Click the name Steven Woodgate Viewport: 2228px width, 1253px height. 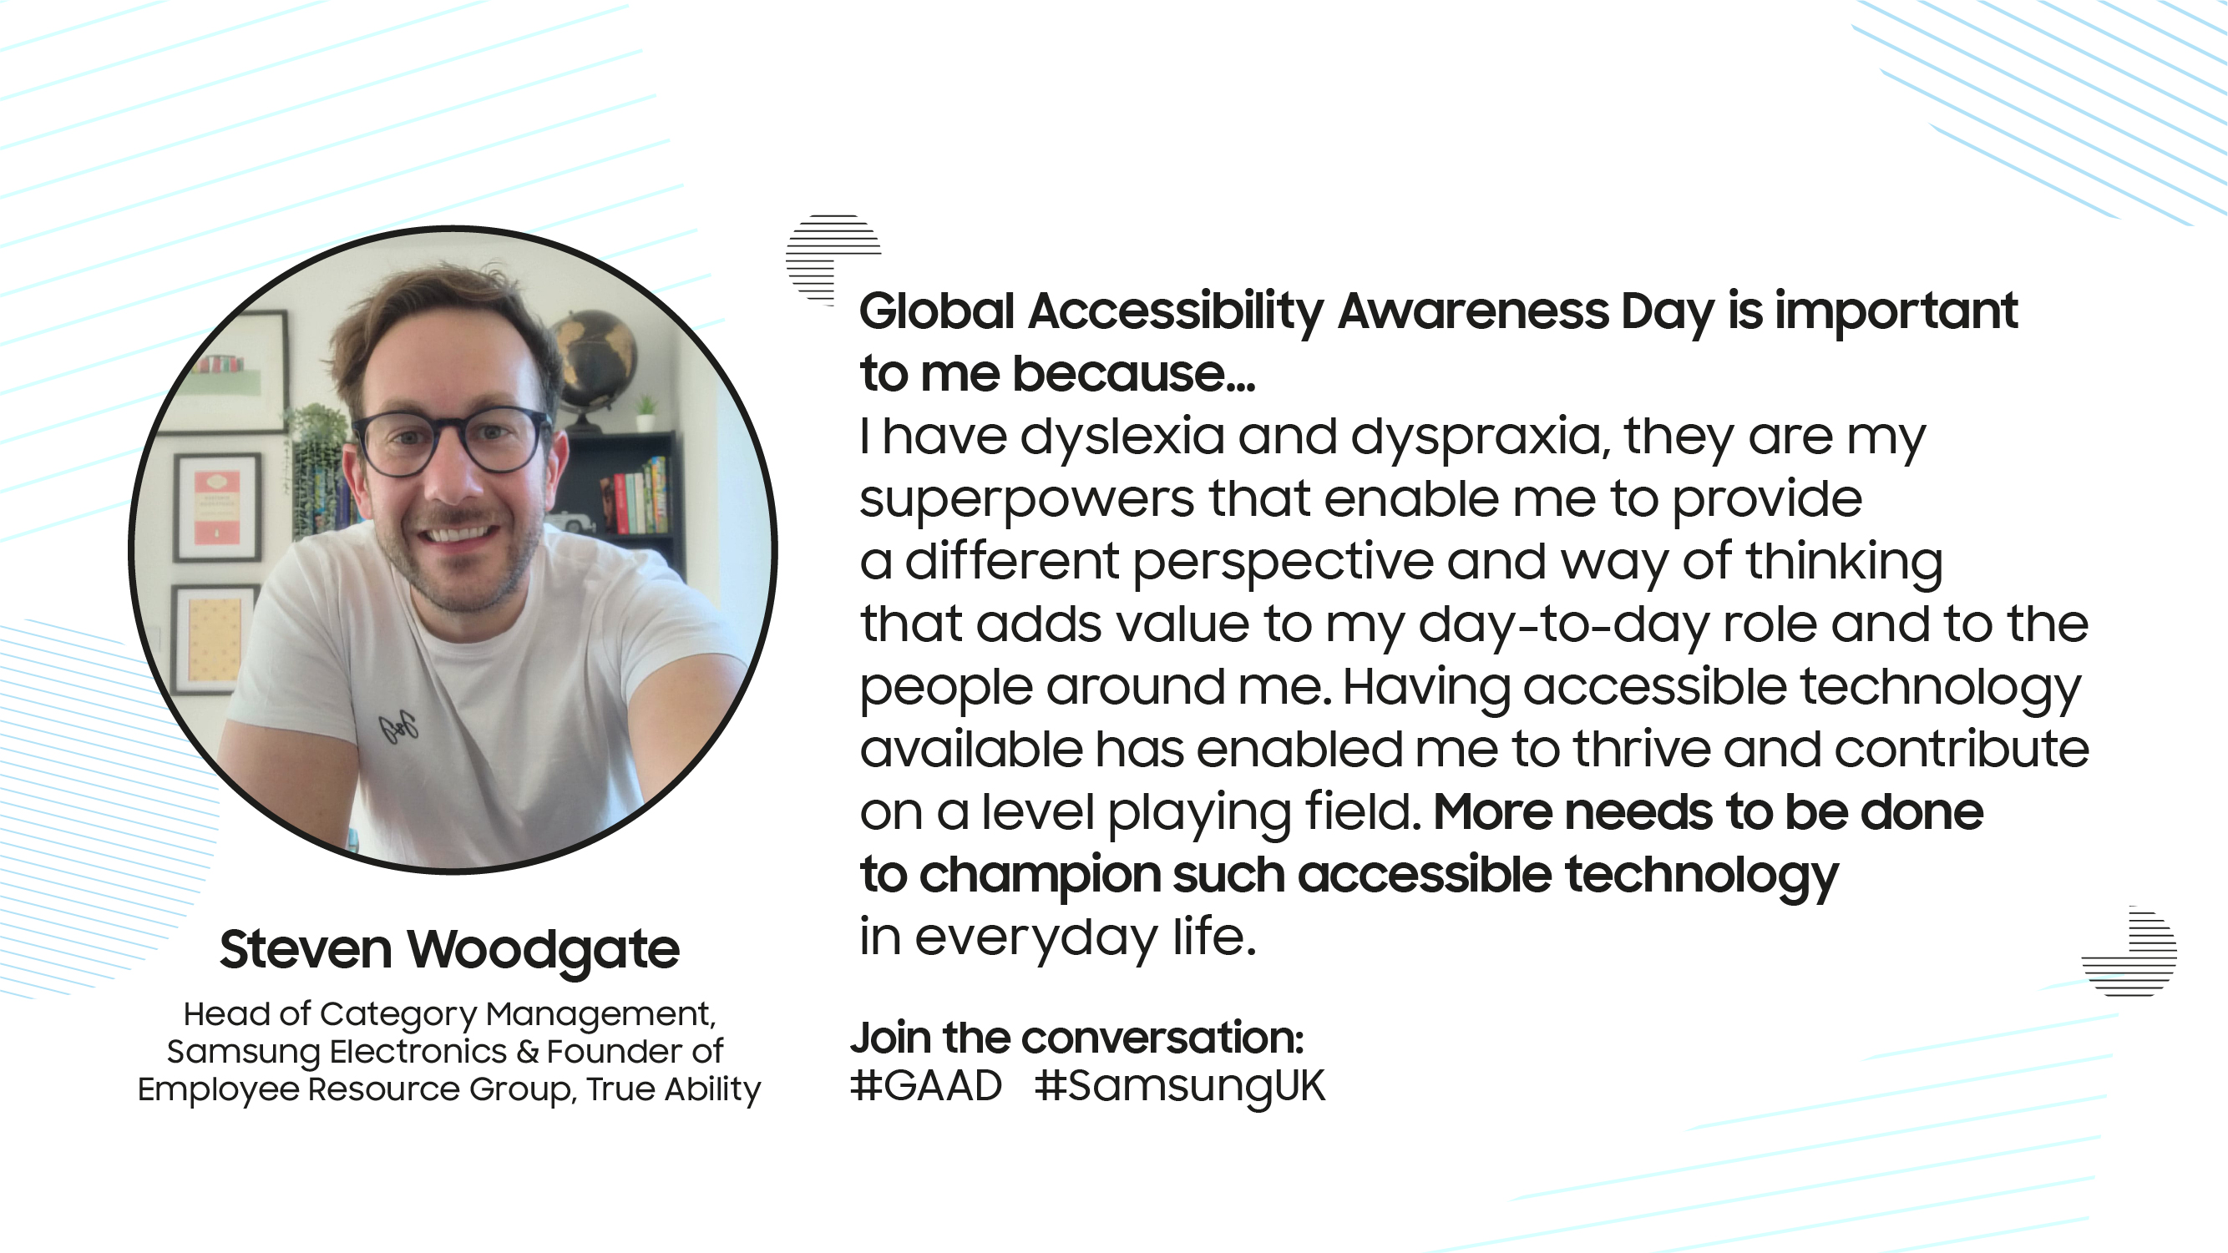click(450, 950)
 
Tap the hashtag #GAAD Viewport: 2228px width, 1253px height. click(926, 1085)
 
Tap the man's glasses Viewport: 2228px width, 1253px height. click(451, 441)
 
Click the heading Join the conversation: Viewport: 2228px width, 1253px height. click(1076, 1038)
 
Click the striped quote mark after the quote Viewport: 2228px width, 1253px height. click(2129, 950)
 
